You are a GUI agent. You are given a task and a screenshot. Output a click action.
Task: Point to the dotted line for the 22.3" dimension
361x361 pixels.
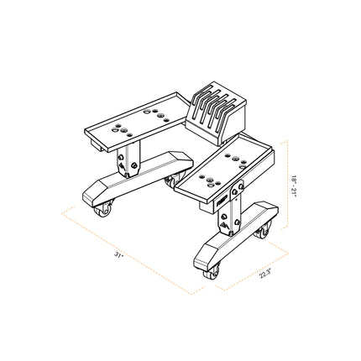[x=249, y=262]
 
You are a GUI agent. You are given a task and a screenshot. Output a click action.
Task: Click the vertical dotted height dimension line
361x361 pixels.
[x=288, y=186]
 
